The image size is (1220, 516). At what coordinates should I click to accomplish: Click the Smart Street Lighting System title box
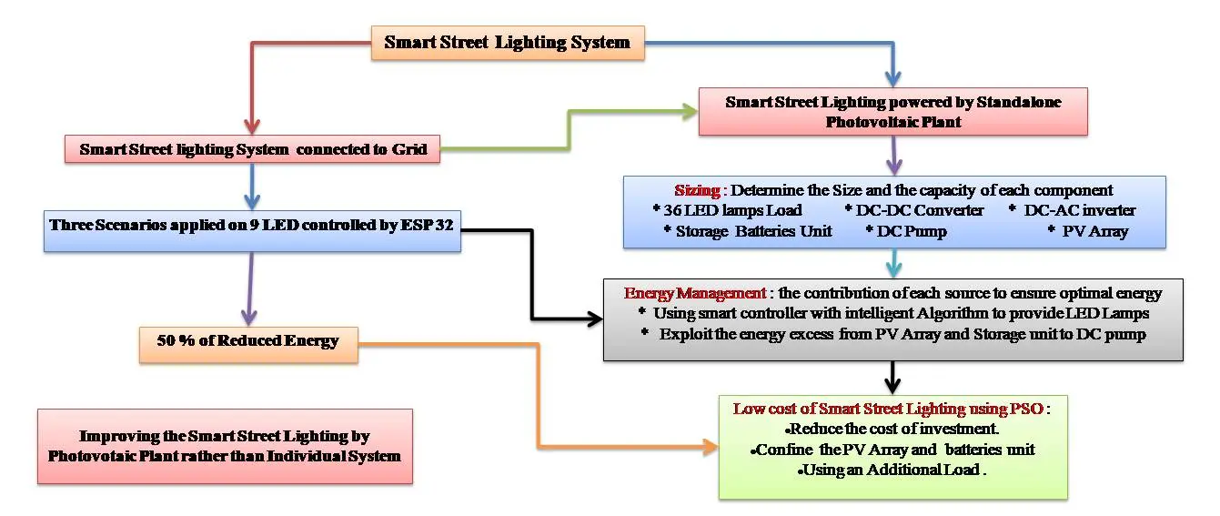click(x=508, y=43)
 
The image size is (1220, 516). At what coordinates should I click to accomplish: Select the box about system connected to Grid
click(x=253, y=149)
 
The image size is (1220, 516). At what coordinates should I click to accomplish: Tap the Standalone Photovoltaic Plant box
click(x=892, y=112)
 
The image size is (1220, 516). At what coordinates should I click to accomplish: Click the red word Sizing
click(x=698, y=191)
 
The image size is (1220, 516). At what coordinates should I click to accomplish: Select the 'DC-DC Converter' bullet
click(x=919, y=211)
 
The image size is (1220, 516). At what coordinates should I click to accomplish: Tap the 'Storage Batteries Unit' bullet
click(x=748, y=231)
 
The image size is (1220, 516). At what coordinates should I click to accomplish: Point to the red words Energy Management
click(x=695, y=294)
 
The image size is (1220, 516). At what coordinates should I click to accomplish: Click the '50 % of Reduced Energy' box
click(x=247, y=341)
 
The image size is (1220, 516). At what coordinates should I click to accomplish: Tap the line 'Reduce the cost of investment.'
click(x=892, y=429)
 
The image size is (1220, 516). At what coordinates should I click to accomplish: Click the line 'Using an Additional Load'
click(x=892, y=470)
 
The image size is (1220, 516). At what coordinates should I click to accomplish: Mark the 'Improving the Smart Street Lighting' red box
click(x=225, y=446)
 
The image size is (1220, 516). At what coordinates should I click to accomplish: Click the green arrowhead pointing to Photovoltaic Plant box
click(x=686, y=111)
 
